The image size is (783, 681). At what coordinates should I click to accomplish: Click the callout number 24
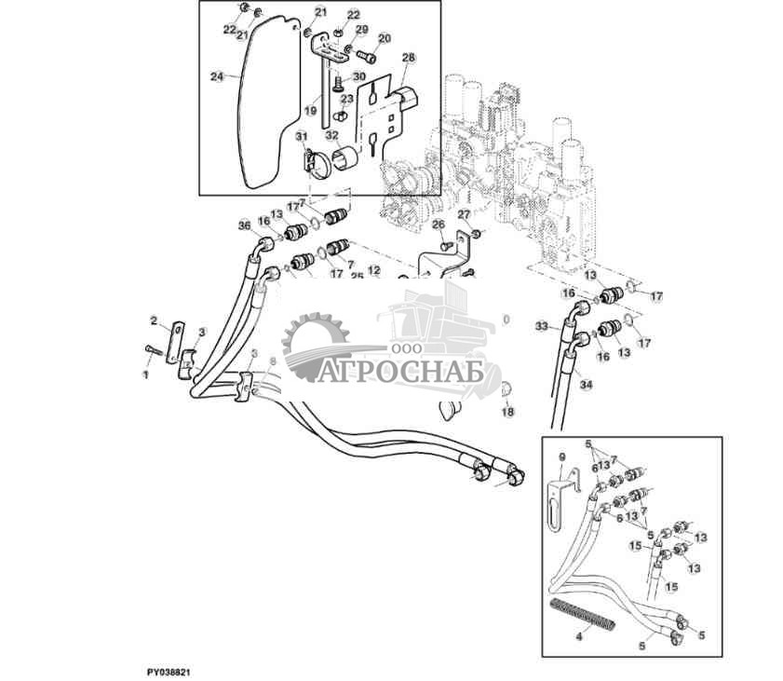pyautogui.click(x=217, y=76)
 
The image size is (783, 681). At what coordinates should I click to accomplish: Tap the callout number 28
pyautogui.click(x=408, y=58)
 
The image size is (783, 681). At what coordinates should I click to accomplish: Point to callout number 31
pyautogui.click(x=301, y=137)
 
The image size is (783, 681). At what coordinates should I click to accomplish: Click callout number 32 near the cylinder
pyautogui.click(x=331, y=135)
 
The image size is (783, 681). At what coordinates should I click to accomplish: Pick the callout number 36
pyautogui.click(x=244, y=225)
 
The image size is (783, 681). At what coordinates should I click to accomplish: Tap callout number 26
pyautogui.click(x=439, y=224)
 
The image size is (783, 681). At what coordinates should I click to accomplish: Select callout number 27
pyautogui.click(x=463, y=213)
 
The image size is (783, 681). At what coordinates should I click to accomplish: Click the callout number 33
pyautogui.click(x=542, y=326)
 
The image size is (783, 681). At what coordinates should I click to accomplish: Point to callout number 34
pyautogui.click(x=584, y=383)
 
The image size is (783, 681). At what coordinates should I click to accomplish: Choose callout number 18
pyautogui.click(x=507, y=411)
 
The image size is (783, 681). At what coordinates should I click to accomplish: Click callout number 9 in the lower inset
pyautogui.click(x=561, y=456)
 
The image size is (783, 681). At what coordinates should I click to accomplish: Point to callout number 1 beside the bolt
pyautogui.click(x=145, y=374)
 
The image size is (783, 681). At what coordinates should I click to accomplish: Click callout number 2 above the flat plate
pyautogui.click(x=155, y=320)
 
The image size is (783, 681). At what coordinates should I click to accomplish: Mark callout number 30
pyautogui.click(x=359, y=76)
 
